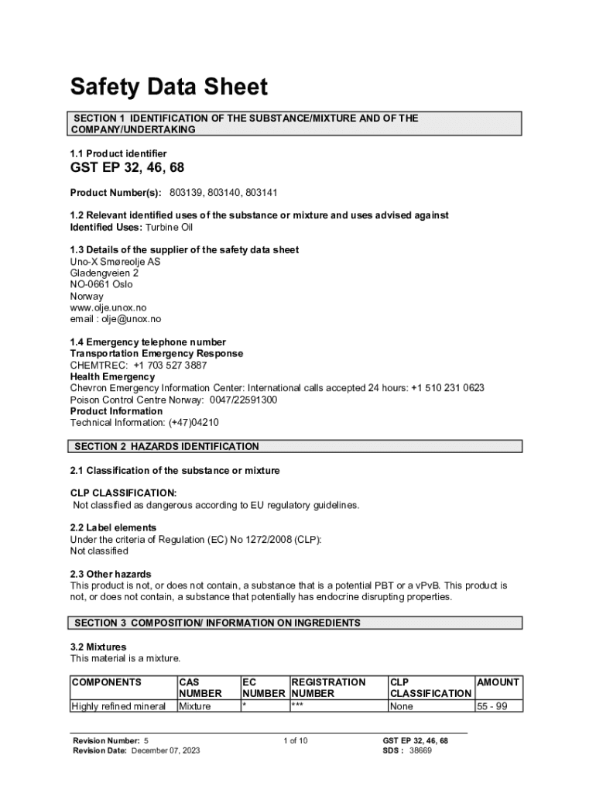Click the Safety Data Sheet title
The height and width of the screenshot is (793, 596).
pyautogui.click(x=169, y=87)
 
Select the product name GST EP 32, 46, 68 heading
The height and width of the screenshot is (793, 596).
pyautogui.click(x=128, y=168)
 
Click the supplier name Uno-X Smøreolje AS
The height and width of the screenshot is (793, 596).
pyautogui.click(x=116, y=262)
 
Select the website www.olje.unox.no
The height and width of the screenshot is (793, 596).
pyautogui.click(x=108, y=307)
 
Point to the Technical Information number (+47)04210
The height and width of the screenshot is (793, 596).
pyautogui.click(x=189, y=423)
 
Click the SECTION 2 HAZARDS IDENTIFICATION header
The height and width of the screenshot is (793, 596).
pyautogui.click(x=166, y=446)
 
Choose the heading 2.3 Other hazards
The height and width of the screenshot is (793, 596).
pyautogui.click(x=111, y=575)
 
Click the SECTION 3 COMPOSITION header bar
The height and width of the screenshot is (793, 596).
pyautogui.click(x=218, y=623)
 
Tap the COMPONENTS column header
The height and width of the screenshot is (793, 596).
pyautogui.click(x=106, y=682)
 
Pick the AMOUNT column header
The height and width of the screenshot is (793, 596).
pyautogui.click(x=498, y=682)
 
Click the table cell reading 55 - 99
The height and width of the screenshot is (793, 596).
pyautogui.click(x=492, y=706)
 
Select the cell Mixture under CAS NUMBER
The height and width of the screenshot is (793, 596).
pyautogui.click(x=195, y=706)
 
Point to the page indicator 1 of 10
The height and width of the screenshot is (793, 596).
pyautogui.click(x=295, y=741)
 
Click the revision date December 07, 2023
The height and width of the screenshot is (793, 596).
pyautogui.click(x=166, y=751)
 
